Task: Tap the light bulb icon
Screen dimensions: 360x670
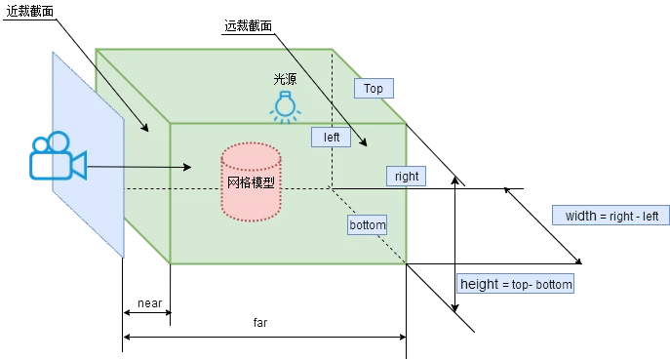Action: coord(285,106)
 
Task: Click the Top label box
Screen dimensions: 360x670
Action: coord(373,88)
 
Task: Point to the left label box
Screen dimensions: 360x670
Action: coord(332,138)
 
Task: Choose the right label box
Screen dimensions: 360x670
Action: coord(406,177)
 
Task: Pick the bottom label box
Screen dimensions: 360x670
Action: coord(368,225)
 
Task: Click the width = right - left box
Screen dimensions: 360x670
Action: coord(611,216)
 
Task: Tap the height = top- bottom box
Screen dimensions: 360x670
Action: coord(515,284)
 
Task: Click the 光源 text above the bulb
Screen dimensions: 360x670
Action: coord(285,79)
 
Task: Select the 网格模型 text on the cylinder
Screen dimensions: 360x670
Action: coord(251,182)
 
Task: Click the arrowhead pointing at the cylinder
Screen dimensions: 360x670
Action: coord(186,168)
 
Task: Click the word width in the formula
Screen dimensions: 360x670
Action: coord(581,216)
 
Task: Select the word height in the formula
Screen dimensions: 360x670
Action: coord(479,284)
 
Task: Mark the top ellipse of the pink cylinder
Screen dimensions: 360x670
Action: coord(251,154)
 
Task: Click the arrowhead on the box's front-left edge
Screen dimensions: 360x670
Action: coord(144,129)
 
